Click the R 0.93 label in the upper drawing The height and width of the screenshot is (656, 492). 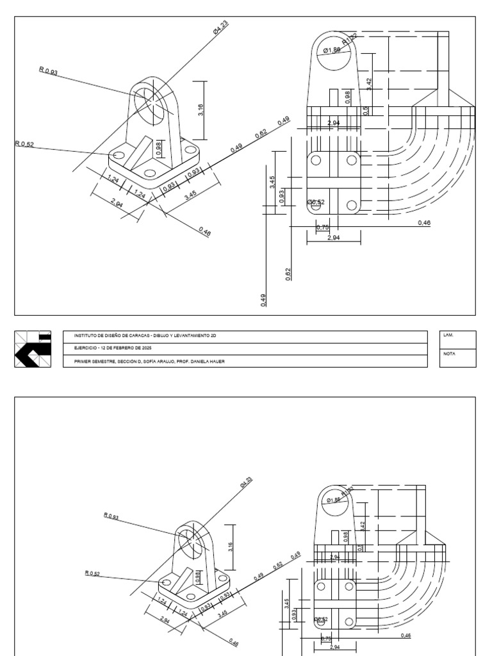(x=49, y=72)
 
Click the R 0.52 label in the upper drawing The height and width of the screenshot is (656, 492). (x=24, y=144)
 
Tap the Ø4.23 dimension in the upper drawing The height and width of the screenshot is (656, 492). (x=220, y=28)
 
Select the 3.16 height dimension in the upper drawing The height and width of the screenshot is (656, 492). (x=201, y=110)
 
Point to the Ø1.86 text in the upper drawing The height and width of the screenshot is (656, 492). (x=332, y=50)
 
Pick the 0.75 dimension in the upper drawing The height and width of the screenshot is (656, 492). (x=323, y=227)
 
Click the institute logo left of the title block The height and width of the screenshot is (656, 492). (x=33, y=349)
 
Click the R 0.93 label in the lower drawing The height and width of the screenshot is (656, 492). (x=111, y=516)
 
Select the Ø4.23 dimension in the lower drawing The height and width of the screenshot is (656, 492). (x=247, y=483)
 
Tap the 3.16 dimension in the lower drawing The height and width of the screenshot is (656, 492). (x=231, y=546)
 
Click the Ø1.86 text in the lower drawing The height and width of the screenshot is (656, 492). (x=333, y=500)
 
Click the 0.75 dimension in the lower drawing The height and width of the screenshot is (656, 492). (x=326, y=638)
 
